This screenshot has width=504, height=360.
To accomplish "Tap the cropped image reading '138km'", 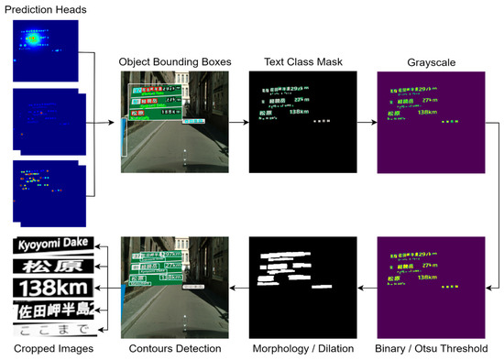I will tap(52, 288).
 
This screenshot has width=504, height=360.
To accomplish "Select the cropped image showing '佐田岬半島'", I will tap(52, 309).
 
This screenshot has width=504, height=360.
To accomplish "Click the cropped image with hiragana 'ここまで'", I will tap(52, 328).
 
